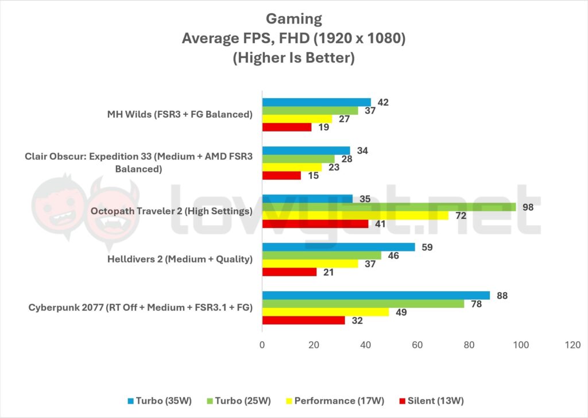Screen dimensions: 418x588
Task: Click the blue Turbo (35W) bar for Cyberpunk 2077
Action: click(x=376, y=295)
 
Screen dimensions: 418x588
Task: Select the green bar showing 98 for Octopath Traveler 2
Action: click(x=389, y=207)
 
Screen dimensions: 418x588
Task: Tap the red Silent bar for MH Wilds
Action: click(x=287, y=127)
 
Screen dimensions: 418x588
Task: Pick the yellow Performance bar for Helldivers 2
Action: click(x=310, y=264)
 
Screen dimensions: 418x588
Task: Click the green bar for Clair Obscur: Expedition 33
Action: click(x=299, y=159)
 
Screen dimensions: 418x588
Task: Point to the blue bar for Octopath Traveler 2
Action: click(x=307, y=199)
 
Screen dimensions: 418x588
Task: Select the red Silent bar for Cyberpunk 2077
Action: click(x=304, y=320)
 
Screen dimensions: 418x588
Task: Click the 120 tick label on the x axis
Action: click(x=572, y=345)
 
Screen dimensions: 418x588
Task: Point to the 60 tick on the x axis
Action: click(x=417, y=345)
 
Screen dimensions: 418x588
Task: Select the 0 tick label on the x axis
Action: click(x=262, y=345)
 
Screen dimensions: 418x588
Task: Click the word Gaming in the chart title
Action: click(x=293, y=19)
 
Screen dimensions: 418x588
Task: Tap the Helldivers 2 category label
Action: click(x=180, y=259)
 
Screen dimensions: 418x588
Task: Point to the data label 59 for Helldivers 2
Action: click(x=427, y=247)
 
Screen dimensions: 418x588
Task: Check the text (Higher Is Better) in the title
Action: click(x=293, y=58)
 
